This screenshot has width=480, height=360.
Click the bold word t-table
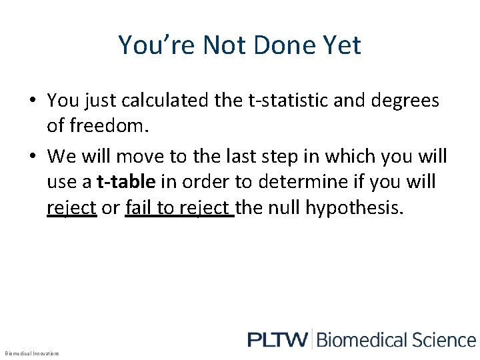pyautogui.click(x=127, y=182)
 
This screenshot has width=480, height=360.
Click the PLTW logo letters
pyautogui.click(x=277, y=339)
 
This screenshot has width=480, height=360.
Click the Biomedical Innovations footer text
pyautogui.click(x=32, y=353)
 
